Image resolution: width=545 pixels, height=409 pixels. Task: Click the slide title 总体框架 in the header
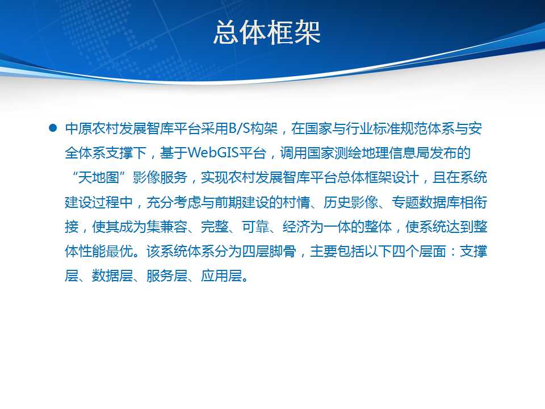(x=267, y=32)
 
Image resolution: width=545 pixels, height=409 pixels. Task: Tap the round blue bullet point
(x=53, y=128)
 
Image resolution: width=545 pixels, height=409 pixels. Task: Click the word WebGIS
(x=213, y=153)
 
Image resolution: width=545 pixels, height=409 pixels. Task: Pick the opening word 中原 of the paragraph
(x=78, y=128)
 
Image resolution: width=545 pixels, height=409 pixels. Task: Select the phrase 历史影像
(x=351, y=202)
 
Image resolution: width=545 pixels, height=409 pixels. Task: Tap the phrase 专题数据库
(x=426, y=202)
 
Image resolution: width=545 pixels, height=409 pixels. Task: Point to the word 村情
(x=296, y=202)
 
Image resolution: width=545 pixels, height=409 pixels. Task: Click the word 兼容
(x=174, y=227)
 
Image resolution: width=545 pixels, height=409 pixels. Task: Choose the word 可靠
(x=255, y=227)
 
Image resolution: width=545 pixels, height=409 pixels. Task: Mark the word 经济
(x=296, y=227)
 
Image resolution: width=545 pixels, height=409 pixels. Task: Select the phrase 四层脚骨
(x=269, y=251)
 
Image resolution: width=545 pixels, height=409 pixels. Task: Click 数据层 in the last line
(x=112, y=276)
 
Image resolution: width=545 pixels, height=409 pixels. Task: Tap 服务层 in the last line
(x=167, y=276)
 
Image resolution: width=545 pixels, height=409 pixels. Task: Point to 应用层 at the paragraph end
(x=221, y=276)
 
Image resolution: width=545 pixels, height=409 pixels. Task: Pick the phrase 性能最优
(x=106, y=251)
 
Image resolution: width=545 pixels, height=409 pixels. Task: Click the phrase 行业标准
(x=372, y=128)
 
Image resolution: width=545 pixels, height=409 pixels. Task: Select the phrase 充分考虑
(x=174, y=202)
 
